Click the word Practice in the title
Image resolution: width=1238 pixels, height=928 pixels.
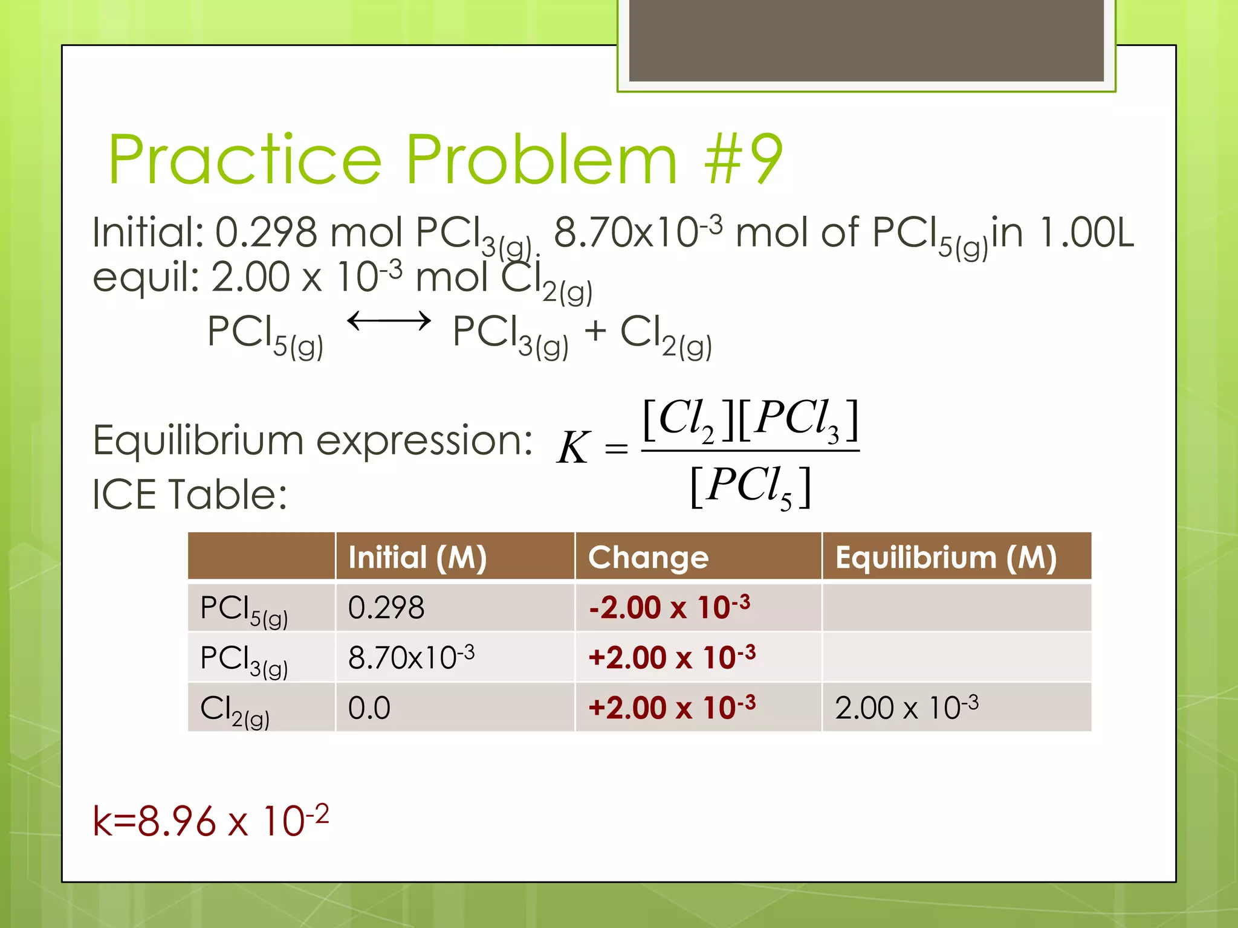245,159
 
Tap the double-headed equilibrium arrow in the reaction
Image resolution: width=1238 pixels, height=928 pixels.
389,321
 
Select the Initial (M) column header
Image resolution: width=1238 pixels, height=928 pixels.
418,557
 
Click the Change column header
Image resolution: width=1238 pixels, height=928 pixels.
648,557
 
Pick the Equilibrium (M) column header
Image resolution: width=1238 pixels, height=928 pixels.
945,557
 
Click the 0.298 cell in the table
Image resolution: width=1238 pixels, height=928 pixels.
386,607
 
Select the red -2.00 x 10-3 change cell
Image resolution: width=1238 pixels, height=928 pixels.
669,607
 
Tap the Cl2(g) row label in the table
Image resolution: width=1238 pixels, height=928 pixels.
235,709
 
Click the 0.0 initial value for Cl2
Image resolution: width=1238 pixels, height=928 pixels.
369,707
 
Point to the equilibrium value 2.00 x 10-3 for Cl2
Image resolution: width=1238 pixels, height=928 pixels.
906,707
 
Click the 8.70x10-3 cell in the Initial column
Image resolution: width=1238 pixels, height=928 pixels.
411,657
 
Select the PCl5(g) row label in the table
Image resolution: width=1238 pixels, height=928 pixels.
243,609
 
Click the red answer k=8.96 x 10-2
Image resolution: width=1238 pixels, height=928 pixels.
210,821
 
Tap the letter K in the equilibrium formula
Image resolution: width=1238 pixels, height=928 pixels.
572,448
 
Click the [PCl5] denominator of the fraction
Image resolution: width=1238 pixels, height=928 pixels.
750,487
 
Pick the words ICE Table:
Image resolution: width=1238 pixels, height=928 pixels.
189,495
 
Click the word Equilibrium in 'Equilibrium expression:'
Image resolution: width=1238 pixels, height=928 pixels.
198,440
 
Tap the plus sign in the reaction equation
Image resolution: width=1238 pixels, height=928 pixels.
595,331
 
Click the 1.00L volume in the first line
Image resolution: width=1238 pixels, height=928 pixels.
1086,233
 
